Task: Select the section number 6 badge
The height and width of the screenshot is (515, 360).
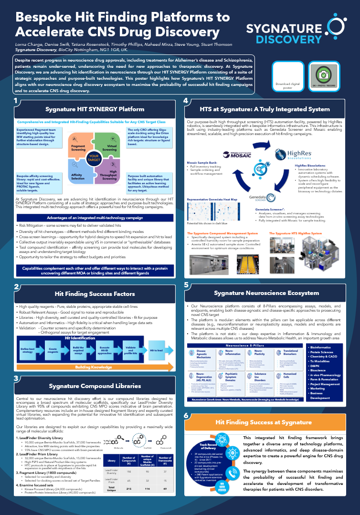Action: tap(186, 417)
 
